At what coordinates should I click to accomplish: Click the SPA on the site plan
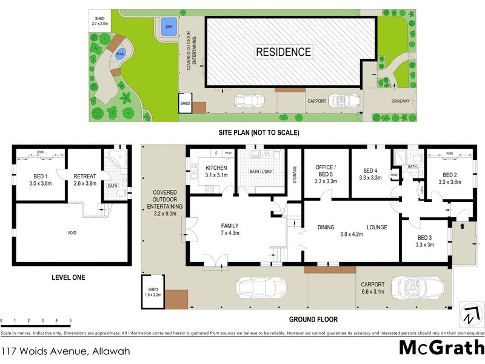(x=167, y=27)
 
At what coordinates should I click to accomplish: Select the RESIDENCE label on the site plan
(x=283, y=52)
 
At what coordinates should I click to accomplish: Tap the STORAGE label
(x=294, y=176)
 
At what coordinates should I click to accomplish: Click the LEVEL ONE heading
(x=68, y=277)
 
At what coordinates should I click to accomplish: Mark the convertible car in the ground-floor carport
(x=412, y=287)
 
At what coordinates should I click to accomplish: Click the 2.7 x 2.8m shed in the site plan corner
(x=99, y=21)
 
